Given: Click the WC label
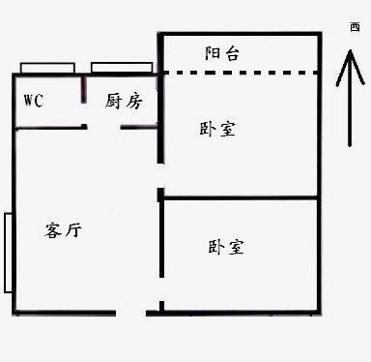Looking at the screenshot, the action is click(x=33, y=101).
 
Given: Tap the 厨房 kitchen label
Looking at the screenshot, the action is click(x=124, y=100).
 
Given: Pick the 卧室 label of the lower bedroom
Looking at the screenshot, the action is click(x=226, y=247).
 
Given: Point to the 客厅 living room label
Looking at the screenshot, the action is click(x=64, y=230).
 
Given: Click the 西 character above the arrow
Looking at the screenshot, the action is click(x=354, y=30).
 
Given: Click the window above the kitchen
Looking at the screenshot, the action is click(x=122, y=68).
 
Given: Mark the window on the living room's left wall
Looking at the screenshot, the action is click(x=8, y=252).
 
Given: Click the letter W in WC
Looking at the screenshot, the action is click(x=27, y=101).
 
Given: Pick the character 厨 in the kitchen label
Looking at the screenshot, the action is click(x=114, y=100).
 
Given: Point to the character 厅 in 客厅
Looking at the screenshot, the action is click(x=73, y=230).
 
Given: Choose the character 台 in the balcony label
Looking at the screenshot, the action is click(x=233, y=53).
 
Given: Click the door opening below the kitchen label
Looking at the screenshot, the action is click(x=104, y=127).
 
